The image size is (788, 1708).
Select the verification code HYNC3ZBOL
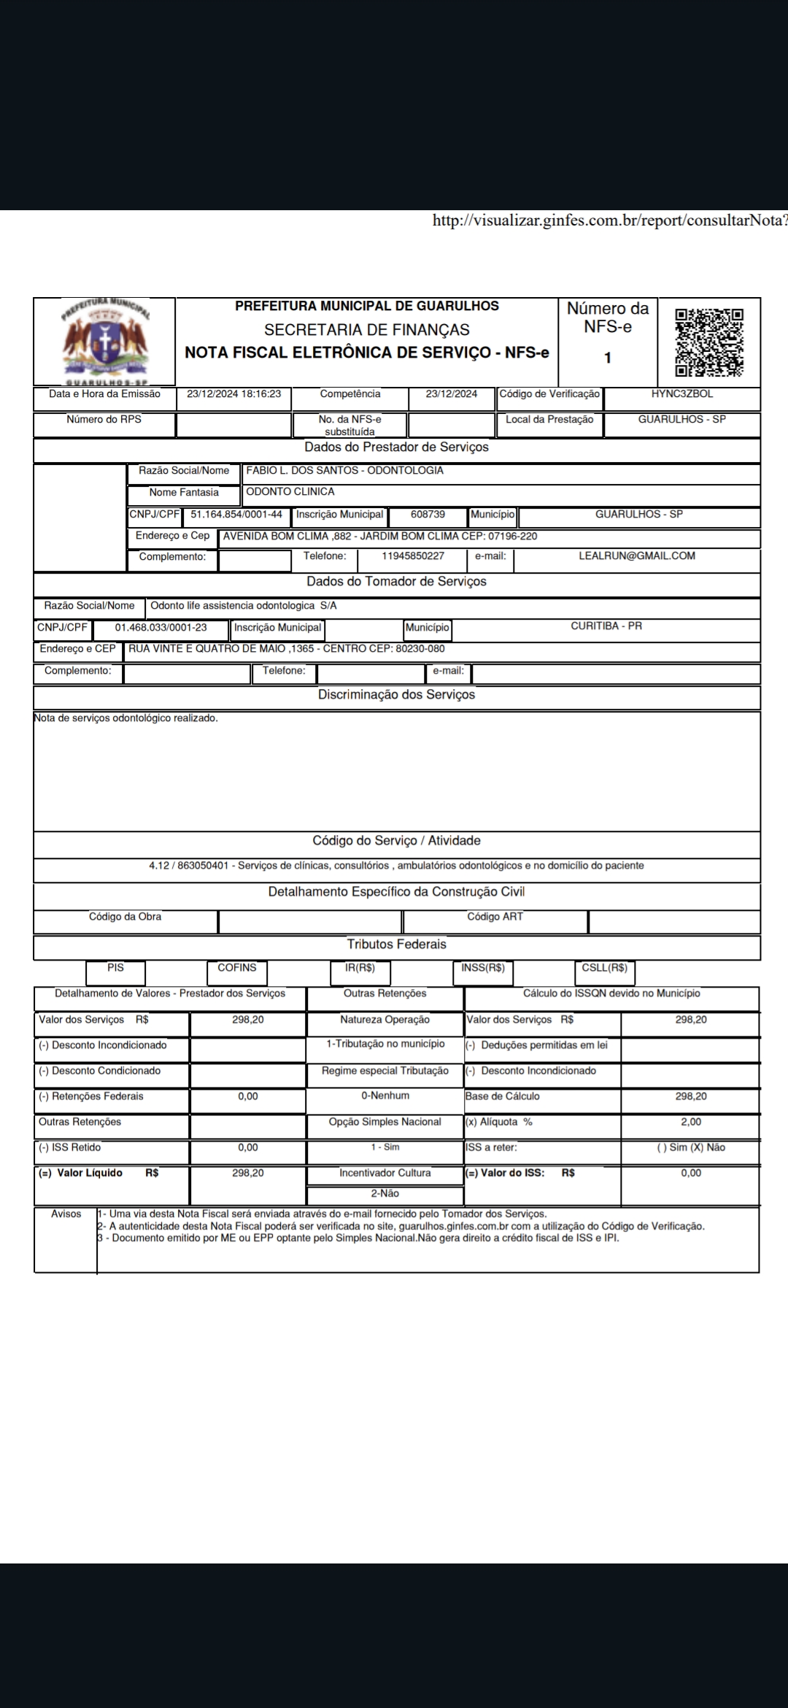coord(682,394)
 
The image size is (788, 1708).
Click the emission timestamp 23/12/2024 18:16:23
coord(233,394)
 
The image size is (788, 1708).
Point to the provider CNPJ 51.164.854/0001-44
coord(236,515)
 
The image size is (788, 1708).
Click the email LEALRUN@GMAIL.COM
coord(636,556)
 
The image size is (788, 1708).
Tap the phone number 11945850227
coord(413,556)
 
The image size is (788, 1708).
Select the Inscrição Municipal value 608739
coord(428,515)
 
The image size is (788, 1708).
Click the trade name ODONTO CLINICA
coord(290,492)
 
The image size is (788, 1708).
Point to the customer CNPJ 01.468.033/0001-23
coord(161,628)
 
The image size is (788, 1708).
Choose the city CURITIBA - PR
coord(606,626)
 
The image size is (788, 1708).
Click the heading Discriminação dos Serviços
coord(396,695)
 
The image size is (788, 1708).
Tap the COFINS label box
coord(237,968)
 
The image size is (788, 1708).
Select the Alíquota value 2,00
coord(690,1122)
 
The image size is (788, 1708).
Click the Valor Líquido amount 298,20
coord(248,1173)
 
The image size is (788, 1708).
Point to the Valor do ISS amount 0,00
coord(690,1173)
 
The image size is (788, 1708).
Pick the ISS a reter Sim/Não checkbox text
coord(690,1147)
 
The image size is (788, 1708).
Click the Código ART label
coord(495,917)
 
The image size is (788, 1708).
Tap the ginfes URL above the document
coord(610,221)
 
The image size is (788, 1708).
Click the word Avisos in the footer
coord(66,1214)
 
